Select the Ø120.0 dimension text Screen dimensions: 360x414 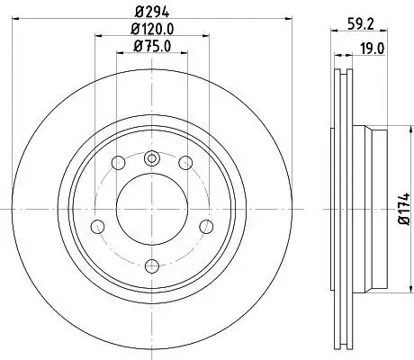point(151,30)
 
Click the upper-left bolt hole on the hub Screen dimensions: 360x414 point(119,163)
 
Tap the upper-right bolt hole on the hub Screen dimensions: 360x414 point(184,163)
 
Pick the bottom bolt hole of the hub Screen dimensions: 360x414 point(151,265)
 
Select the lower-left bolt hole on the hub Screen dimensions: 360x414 point(99,225)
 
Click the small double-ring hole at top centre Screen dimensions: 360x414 point(151,159)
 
